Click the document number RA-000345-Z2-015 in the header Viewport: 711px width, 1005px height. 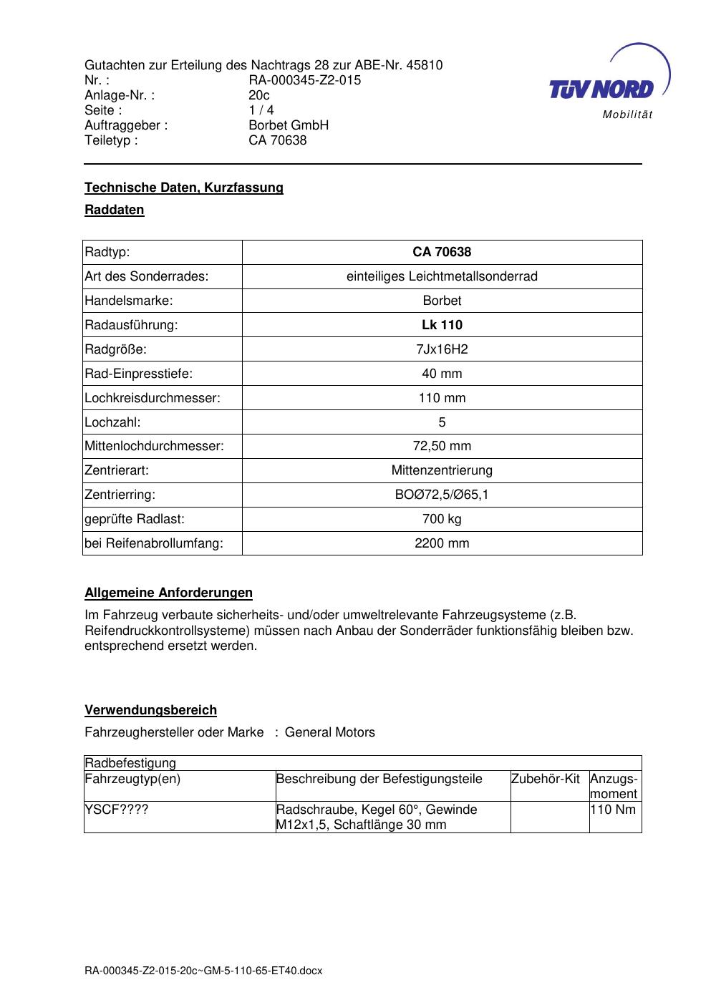304,80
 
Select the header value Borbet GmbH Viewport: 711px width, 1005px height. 289,125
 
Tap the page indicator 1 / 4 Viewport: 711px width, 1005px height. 261,110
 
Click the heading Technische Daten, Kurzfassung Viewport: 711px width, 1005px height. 184,188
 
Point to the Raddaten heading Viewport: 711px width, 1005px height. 115,210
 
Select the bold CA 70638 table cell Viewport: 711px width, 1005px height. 442,252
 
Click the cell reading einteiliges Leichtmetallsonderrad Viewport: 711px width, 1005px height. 442,276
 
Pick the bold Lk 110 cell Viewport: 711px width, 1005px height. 442,325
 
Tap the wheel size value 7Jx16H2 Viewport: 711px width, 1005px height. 442,349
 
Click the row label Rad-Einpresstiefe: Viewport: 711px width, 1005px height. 139,374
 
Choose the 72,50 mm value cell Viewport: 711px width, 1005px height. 442,446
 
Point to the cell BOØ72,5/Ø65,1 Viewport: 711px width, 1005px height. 442,495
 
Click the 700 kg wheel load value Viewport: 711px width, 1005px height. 442,519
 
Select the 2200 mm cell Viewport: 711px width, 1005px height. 442,543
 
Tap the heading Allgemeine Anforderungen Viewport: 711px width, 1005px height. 169,593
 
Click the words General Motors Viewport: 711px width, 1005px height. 330,732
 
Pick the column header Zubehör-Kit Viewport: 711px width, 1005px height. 546,779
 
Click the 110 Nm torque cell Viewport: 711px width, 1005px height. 613,810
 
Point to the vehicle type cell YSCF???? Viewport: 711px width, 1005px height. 117,810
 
